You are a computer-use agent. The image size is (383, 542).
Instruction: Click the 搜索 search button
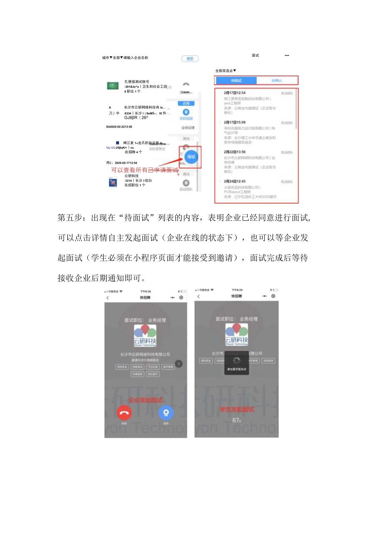[x=190, y=59]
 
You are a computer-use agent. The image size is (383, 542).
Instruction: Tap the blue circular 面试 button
[x=191, y=157]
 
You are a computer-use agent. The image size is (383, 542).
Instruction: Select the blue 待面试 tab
[x=236, y=80]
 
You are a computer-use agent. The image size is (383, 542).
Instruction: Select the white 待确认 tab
[x=276, y=80]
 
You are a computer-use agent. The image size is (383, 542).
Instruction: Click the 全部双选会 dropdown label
[x=226, y=71]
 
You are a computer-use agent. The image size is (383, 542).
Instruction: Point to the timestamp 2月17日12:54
[x=234, y=93]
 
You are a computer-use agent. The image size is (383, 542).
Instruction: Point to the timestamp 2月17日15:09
[x=234, y=122]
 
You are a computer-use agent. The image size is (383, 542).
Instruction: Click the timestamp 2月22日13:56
[x=234, y=152]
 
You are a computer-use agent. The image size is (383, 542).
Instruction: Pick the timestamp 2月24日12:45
[x=234, y=182]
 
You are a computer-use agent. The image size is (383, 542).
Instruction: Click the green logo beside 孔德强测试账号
[x=113, y=86]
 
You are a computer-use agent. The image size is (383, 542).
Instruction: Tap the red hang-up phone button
[x=124, y=412]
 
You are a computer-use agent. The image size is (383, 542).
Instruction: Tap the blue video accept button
[x=166, y=412]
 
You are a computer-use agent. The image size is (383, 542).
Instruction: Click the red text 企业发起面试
[x=145, y=400]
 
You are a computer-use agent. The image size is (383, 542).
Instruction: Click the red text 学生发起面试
[x=236, y=410]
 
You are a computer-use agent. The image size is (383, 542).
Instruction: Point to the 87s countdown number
[x=236, y=420]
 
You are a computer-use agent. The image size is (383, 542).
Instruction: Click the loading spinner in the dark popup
[x=236, y=360]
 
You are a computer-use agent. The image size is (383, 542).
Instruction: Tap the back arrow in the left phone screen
[x=108, y=298]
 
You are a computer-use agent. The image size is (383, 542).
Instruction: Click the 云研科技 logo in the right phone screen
[x=236, y=335]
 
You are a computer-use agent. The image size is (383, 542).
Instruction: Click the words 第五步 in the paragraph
[x=68, y=218]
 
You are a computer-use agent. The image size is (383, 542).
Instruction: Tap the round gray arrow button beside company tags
[x=179, y=364]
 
